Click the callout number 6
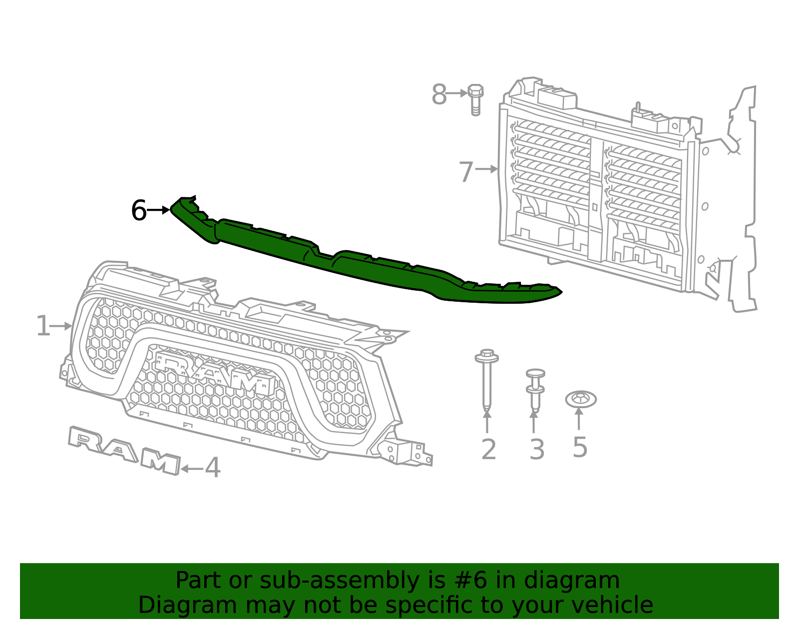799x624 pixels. pyautogui.click(x=138, y=210)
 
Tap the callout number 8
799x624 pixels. pyautogui.click(x=438, y=94)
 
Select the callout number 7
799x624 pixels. pyautogui.click(x=465, y=171)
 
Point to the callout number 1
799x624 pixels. pyautogui.click(x=43, y=326)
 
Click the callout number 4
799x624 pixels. pyautogui.click(x=213, y=468)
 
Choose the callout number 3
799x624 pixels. pyautogui.click(x=537, y=449)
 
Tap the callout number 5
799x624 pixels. pyautogui.click(x=579, y=447)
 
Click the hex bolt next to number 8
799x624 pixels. pyautogui.click(x=475, y=99)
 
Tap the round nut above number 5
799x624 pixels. pyautogui.click(x=581, y=399)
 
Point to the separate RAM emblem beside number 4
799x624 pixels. pyautogui.click(x=124, y=450)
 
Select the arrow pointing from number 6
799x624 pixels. pyautogui.click(x=159, y=210)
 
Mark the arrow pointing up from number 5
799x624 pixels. pyautogui.click(x=579, y=419)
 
